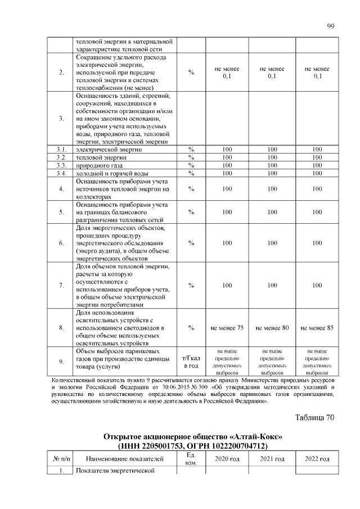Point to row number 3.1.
(x=61, y=149)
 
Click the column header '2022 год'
(x=317, y=459)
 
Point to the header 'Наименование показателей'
(x=125, y=459)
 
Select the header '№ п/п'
(x=61, y=459)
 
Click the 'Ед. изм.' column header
(x=191, y=459)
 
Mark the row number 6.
(x=61, y=243)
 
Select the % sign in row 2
(x=191, y=72)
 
